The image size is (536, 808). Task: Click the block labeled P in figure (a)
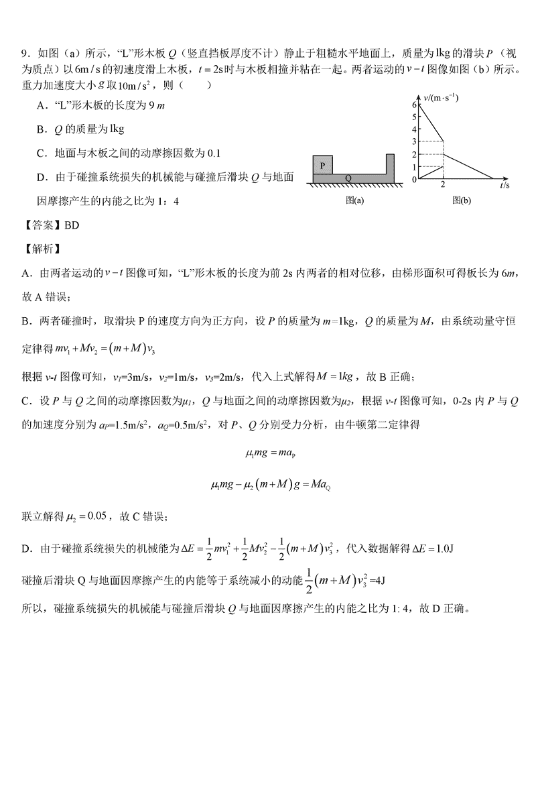[x=324, y=164]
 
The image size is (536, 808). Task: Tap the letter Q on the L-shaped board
[x=348, y=178]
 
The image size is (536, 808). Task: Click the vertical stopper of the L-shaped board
[x=389, y=164]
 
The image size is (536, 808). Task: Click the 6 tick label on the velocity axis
[x=415, y=105]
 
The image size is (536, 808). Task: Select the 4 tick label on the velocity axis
[x=415, y=129]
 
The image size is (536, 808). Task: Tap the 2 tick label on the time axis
[x=444, y=185]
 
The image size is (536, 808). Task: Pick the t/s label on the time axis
[x=504, y=185]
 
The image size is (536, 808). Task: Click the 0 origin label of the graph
[x=415, y=180]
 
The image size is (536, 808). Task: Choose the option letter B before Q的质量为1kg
[x=41, y=129]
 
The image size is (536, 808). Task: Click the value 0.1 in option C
[x=213, y=153]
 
